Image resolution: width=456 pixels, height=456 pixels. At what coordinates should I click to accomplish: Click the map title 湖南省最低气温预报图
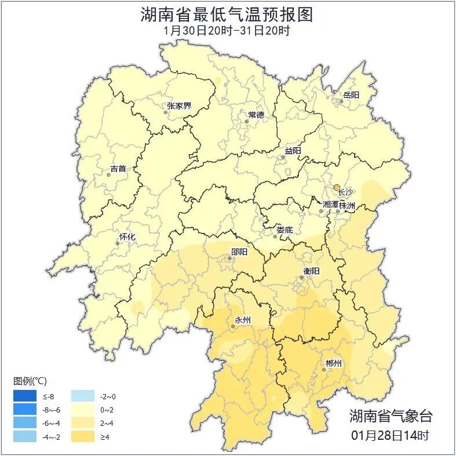[227, 14]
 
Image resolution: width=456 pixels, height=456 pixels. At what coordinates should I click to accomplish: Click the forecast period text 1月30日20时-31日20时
[227, 31]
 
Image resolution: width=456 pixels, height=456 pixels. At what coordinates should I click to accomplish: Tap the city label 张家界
[179, 106]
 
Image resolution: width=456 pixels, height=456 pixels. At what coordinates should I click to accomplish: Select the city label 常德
[256, 115]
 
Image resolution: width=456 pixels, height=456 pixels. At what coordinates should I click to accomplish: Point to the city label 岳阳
[351, 95]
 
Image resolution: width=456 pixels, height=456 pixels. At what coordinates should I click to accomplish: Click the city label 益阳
[293, 151]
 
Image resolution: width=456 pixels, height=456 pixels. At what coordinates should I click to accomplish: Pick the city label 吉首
[118, 169]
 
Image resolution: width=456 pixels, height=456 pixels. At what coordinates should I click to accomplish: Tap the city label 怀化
[127, 237]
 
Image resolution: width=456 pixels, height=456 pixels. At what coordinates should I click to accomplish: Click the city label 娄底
[284, 229]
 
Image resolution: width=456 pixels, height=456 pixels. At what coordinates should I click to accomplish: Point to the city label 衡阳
[311, 271]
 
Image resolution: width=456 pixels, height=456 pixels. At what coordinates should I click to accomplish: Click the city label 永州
[242, 320]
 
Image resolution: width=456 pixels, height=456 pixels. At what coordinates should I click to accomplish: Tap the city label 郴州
[333, 363]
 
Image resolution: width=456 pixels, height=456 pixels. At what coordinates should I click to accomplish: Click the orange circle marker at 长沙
[336, 187]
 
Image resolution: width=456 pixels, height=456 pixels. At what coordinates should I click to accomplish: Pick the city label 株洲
[347, 205]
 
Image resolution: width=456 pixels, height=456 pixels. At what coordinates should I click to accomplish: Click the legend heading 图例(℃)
[30, 381]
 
